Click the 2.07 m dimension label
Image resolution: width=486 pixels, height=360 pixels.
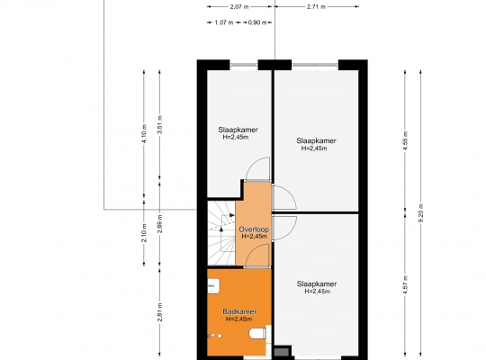tap(239, 6)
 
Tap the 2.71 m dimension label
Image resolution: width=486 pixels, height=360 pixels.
tap(316, 6)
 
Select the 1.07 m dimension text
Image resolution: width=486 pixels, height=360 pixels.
tap(224, 22)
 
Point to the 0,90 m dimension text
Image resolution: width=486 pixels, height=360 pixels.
tap(257, 22)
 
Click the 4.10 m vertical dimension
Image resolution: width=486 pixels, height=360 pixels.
tap(144, 133)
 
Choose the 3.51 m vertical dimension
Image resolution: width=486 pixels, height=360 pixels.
tap(160, 125)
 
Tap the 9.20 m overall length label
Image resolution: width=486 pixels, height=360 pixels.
tap(420, 213)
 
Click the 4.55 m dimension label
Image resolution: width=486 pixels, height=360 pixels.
tap(405, 140)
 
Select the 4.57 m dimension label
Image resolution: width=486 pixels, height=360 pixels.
tap(405, 285)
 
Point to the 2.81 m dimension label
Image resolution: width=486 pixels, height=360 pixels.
tap(160, 312)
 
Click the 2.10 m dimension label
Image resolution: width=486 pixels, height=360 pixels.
tap(144, 232)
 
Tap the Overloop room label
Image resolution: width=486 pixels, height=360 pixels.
tap(254, 229)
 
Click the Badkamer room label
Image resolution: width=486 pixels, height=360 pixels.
tap(239, 311)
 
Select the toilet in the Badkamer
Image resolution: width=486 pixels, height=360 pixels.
tap(257, 334)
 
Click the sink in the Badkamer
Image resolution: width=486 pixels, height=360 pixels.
tap(213, 285)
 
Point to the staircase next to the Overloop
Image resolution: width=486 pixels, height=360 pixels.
tap(221, 233)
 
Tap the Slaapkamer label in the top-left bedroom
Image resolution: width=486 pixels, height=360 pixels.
tap(238, 130)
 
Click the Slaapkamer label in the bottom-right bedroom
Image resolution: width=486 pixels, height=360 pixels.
tap(317, 283)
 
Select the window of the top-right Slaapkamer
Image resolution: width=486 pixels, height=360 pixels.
tap(315, 65)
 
